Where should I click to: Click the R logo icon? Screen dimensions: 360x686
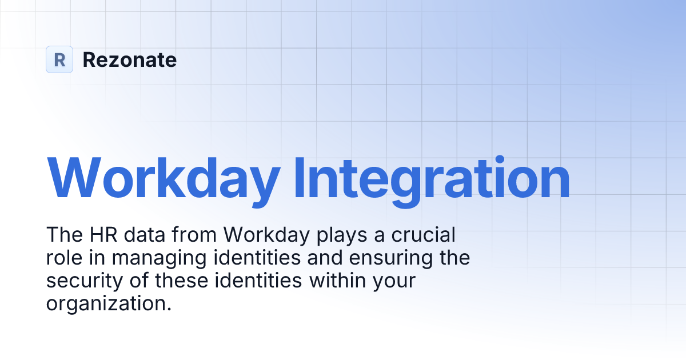pyautogui.click(x=59, y=59)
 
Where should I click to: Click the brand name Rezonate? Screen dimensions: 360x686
pyautogui.click(x=130, y=59)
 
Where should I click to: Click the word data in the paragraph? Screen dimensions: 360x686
pyautogui.click(x=145, y=235)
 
